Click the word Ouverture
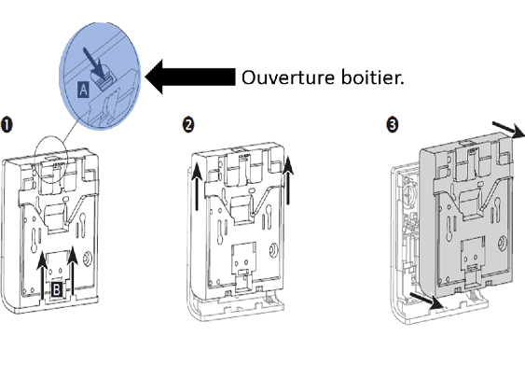pyautogui.click(x=288, y=77)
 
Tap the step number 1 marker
pyautogui.click(x=7, y=125)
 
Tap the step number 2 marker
pyautogui.click(x=188, y=125)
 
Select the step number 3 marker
pyautogui.click(x=393, y=125)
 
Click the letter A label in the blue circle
pyautogui.click(x=83, y=90)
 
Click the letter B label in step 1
pyautogui.click(x=57, y=289)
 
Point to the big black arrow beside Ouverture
pyautogui.click(x=190, y=77)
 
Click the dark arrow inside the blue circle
pyautogui.click(x=93, y=63)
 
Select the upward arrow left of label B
pyautogui.click(x=42, y=274)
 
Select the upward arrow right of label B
pyautogui.click(x=73, y=271)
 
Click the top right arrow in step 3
pyautogui.click(x=508, y=130)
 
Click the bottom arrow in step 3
pyautogui.click(x=426, y=301)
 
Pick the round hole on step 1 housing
pyautogui.click(x=89, y=258)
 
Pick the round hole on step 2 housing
pyautogui.click(x=274, y=249)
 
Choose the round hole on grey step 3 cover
pyautogui.click(x=503, y=243)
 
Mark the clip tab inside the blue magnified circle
pyautogui.click(x=105, y=80)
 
